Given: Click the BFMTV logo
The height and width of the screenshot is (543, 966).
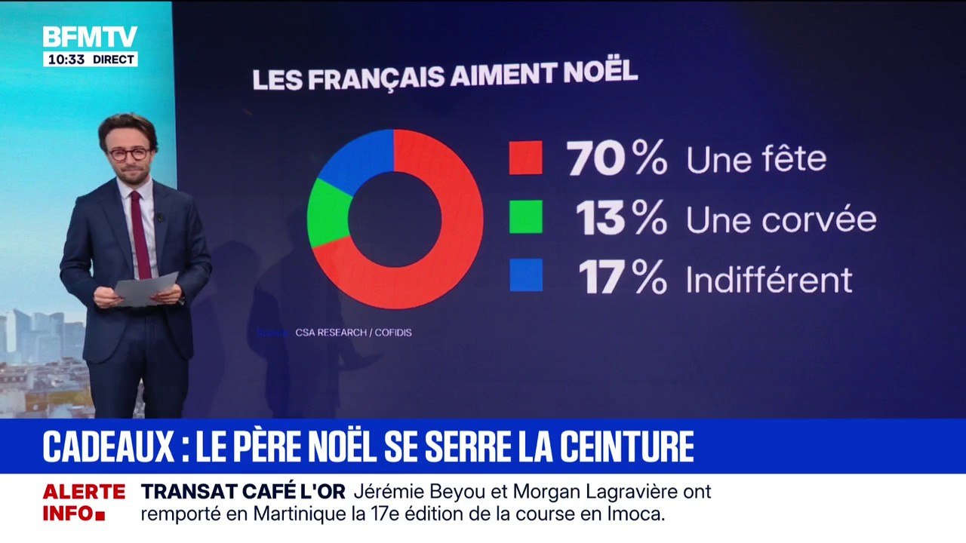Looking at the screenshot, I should pyautogui.click(x=90, y=37).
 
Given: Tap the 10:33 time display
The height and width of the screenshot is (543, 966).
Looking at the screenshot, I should pyautogui.click(x=66, y=60).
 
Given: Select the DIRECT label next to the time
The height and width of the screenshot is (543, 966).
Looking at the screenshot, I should pyautogui.click(x=113, y=60).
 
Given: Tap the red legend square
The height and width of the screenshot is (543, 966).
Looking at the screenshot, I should pyautogui.click(x=525, y=158).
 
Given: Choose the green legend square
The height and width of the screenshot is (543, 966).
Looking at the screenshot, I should pyautogui.click(x=525, y=217).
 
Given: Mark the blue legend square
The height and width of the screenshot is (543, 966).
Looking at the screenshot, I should pyautogui.click(x=525, y=275).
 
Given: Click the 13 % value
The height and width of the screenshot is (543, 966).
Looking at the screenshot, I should pyautogui.click(x=621, y=219).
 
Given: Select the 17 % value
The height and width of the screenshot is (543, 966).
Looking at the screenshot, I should pyautogui.click(x=623, y=278).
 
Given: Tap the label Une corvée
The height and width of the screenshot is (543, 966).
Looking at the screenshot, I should pyautogui.click(x=780, y=219).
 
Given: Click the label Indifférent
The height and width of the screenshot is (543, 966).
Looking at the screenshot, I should pyautogui.click(x=768, y=279).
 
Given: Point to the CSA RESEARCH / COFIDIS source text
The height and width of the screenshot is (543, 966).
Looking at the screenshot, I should pyautogui.click(x=353, y=333).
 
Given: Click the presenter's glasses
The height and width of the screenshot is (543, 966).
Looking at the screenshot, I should pyautogui.click(x=129, y=154).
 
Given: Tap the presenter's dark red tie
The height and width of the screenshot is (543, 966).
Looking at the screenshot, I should pyautogui.click(x=140, y=234).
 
